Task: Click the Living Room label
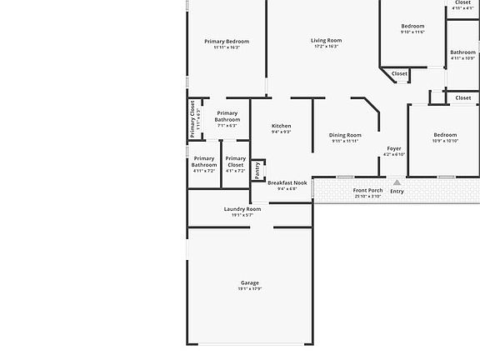(326, 40)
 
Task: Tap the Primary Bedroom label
(227, 42)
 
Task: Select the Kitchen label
(282, 126)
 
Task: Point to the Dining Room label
(345, 135)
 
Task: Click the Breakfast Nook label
(287, 182)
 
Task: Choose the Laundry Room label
(242, 208)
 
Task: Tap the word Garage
(250, 282)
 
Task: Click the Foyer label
(393, 148)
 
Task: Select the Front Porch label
(367, 190)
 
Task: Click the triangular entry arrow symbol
(397, 182)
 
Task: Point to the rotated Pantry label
(257, 170)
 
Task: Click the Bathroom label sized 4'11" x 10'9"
(462, 52)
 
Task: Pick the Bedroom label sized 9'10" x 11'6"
(412, 26)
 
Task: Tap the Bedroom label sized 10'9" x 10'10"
(445, 135)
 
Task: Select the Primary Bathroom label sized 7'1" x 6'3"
(227, 117)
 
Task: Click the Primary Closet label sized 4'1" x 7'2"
(236, 162)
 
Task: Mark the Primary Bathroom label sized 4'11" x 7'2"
(204, 162)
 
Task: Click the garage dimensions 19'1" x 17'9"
(250, 289)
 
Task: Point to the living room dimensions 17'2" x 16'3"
(326, 47)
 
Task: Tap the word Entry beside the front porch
(397, 192)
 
